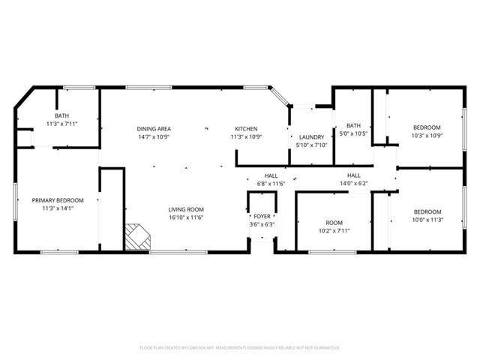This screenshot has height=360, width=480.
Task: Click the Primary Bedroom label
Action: pos(57,200)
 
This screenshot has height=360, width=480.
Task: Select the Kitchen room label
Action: pos(246,128)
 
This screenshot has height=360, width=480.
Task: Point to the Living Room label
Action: pos(185,209)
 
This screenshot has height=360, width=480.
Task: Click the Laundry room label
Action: pos(311,136)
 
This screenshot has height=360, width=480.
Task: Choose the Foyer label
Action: pos(262,216)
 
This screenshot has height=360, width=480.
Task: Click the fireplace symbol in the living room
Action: pos(137,237)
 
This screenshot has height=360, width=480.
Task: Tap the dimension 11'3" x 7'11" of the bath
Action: pos(61,123)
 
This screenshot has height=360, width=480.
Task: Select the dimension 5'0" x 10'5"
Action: pos(353,133)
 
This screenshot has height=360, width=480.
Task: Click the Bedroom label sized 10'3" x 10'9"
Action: pos(426,127)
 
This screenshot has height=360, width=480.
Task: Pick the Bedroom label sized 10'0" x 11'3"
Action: pos(427,211)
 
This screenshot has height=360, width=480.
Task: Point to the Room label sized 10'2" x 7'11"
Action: pos(333,222)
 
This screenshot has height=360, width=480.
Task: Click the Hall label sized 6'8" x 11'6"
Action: pos(271,175)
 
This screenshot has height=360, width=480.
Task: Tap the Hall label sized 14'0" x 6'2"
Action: pos(353,175)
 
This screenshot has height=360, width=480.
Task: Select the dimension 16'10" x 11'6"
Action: pos(185,217)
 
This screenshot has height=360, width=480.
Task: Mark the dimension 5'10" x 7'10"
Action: pos(311,145)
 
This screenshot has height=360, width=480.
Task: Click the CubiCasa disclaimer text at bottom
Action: pos(240,348)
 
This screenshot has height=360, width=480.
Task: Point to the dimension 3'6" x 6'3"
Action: pos(262,224)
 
